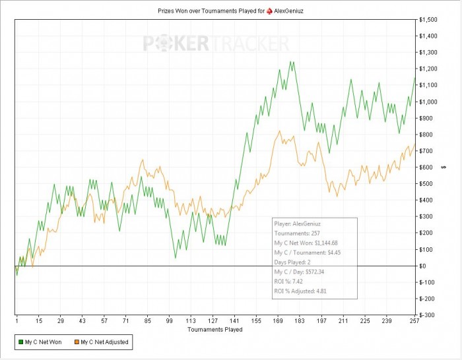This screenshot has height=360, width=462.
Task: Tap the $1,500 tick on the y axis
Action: point(428,20)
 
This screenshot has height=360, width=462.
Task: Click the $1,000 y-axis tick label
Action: point(428,102)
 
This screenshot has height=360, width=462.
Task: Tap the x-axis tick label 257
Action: point(414,321)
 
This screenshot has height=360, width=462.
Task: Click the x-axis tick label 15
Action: point(39,321)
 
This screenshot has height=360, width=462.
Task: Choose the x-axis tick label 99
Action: point(170,321)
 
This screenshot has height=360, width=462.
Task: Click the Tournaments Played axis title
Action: point(214,329)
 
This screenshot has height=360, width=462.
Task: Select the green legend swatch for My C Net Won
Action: point(20,342)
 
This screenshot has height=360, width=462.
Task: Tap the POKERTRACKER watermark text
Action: point(216,44)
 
